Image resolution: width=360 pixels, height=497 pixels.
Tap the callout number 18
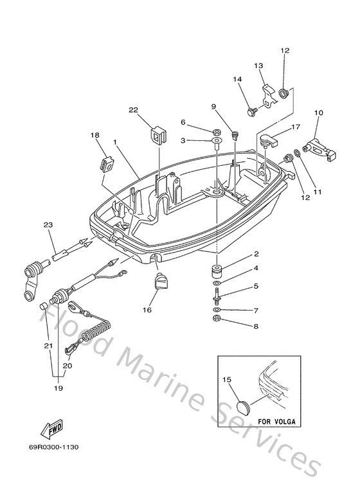pos(94,135)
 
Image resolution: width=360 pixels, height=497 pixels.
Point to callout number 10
pos(318,113)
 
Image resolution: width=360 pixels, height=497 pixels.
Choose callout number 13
pos(259,66)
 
